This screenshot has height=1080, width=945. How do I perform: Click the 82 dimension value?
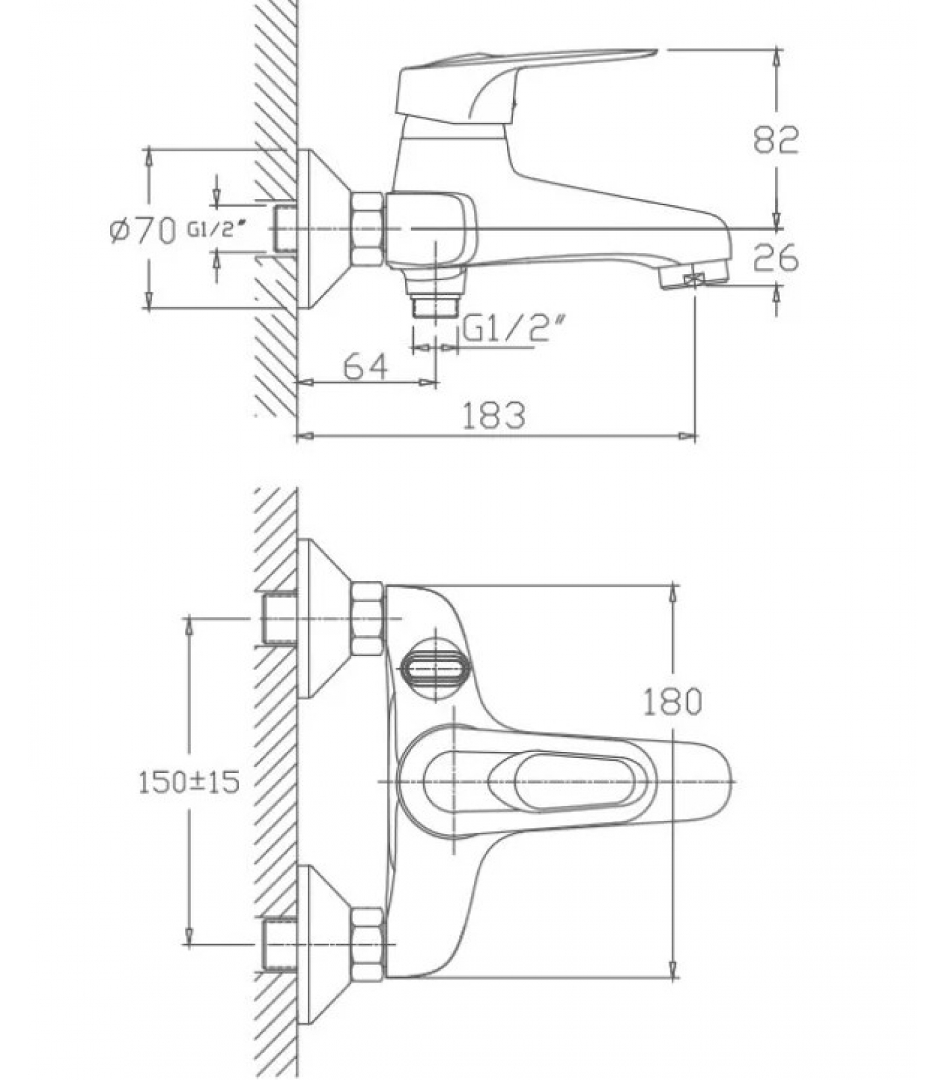click(776, 140)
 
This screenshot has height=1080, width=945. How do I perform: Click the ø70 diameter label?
click(142, 231)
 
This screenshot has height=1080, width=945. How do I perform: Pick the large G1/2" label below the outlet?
click(514, 330)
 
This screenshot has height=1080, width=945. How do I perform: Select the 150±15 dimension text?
click(189, 782)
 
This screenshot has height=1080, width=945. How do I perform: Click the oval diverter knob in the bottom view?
click(435, 670)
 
